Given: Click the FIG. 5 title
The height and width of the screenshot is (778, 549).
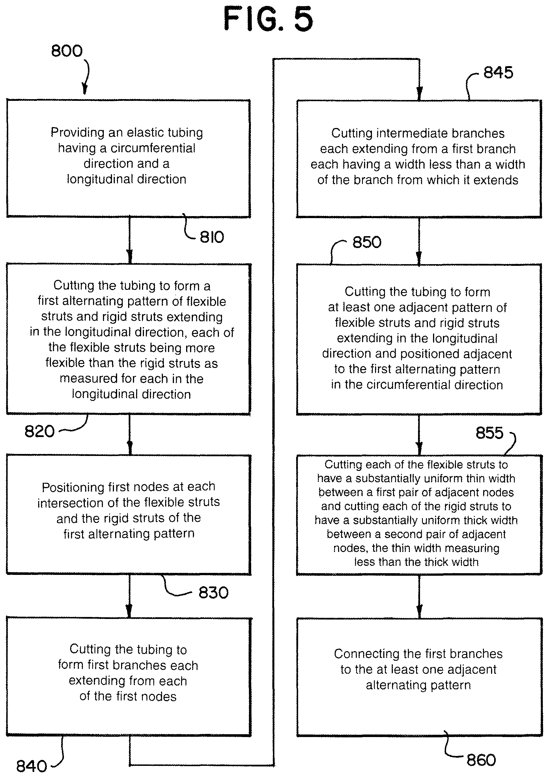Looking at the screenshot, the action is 268,19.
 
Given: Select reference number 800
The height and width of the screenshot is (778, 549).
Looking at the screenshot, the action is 67,51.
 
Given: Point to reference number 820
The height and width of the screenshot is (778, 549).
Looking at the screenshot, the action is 39,431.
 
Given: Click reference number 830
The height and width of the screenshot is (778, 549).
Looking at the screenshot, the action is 214,593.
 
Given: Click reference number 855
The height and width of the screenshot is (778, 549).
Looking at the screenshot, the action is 489,433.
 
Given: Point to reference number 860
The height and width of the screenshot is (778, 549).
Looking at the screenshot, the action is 481,760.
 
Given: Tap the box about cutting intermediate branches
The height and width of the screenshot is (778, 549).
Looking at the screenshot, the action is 419,158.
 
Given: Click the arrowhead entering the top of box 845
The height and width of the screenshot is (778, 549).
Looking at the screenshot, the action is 419,94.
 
